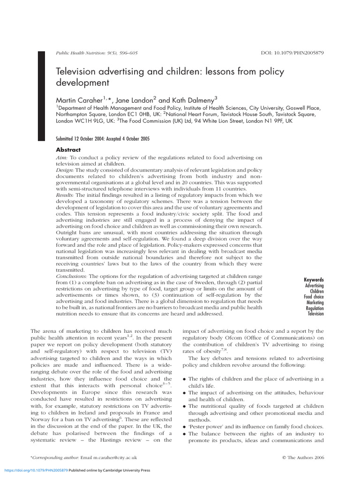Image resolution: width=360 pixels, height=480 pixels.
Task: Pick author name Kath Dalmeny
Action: [194, 99]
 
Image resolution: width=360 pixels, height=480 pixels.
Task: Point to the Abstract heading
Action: [68, 150]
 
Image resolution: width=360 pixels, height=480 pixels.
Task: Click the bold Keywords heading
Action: [314, 280]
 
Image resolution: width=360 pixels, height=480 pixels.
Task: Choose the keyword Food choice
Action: [314, 297]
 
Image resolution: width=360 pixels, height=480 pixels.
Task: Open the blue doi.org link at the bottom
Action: [36, 470]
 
